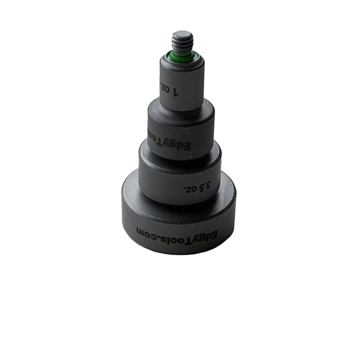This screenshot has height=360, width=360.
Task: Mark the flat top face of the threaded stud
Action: click(183, 34)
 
